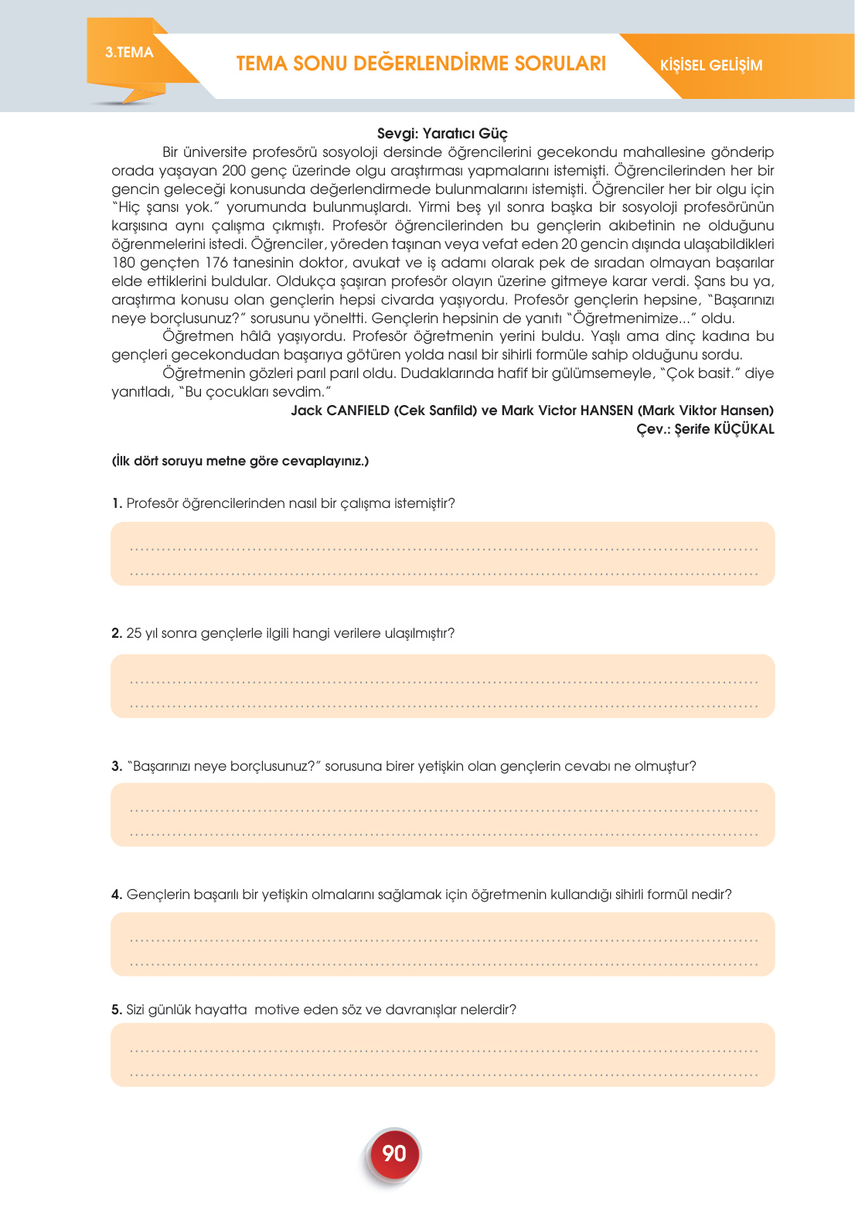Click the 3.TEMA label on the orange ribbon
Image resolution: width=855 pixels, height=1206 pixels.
(129, 53)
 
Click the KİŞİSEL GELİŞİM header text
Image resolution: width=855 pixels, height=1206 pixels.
(711, 66)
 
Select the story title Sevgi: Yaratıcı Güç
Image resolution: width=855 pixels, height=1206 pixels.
(442, 133)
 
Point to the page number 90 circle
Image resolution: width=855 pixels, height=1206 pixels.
(394, 1153)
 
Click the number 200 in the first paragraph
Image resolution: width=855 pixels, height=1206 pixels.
(233, 170)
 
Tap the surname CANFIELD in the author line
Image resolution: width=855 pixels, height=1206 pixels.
(357, 411)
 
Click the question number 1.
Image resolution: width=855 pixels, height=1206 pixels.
(117, 503)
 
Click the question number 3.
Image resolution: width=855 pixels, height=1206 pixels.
(117, 766)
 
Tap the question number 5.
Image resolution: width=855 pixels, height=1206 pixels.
(117, 1010)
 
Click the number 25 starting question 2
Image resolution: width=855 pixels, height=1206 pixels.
(134, 633)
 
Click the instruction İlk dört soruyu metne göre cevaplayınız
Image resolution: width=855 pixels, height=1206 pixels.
(240, 461)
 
